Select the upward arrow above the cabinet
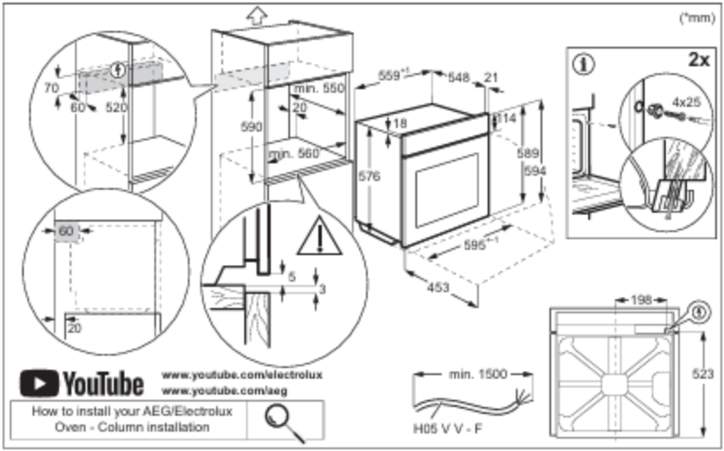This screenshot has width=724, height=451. tap(255, 14)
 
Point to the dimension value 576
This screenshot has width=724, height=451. tap(370, 177)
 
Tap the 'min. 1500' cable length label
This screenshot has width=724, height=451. tap(478, 374)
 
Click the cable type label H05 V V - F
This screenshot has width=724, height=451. tap(447, 432)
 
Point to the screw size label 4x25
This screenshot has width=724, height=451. tap(685, 101)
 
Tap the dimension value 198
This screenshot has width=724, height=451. tap(641, 300)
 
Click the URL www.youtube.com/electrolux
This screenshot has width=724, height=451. tap(243, 375)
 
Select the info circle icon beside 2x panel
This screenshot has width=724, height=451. tap(582, 64)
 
